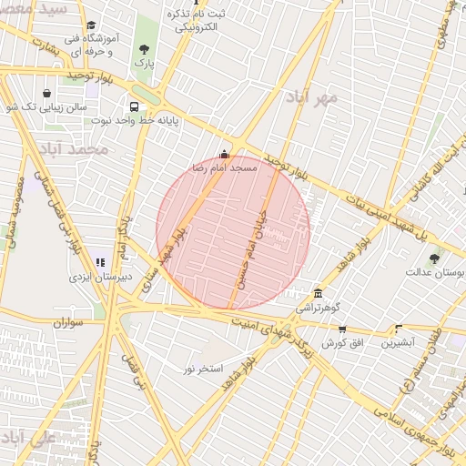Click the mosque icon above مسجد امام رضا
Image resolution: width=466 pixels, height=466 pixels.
pos(225,153)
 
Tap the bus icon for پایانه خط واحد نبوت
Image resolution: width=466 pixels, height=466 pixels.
pos(135,104)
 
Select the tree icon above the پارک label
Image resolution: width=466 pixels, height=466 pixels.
pos(143,49)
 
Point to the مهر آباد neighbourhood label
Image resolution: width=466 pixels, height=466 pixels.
pos(311,96)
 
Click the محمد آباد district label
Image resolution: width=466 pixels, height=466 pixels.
pos(80,147)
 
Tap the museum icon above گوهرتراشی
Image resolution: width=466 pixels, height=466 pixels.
pos(317,294)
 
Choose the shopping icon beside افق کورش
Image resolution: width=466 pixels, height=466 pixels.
pos(342,329)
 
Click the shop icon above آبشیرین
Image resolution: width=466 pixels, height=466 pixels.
pos(398,329)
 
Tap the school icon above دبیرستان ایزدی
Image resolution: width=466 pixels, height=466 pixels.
pos(99,263)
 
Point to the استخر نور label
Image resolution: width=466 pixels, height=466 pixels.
pos(202,369)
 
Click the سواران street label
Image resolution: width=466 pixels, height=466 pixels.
pos(68,322)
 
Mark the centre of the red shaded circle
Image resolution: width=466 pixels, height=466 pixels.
pos(233,233)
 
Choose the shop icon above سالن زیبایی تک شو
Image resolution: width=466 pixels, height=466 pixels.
pos(46,93)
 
